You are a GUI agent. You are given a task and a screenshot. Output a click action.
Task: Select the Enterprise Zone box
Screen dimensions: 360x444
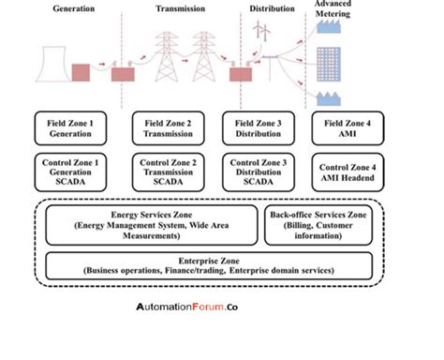pos(221,265)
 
